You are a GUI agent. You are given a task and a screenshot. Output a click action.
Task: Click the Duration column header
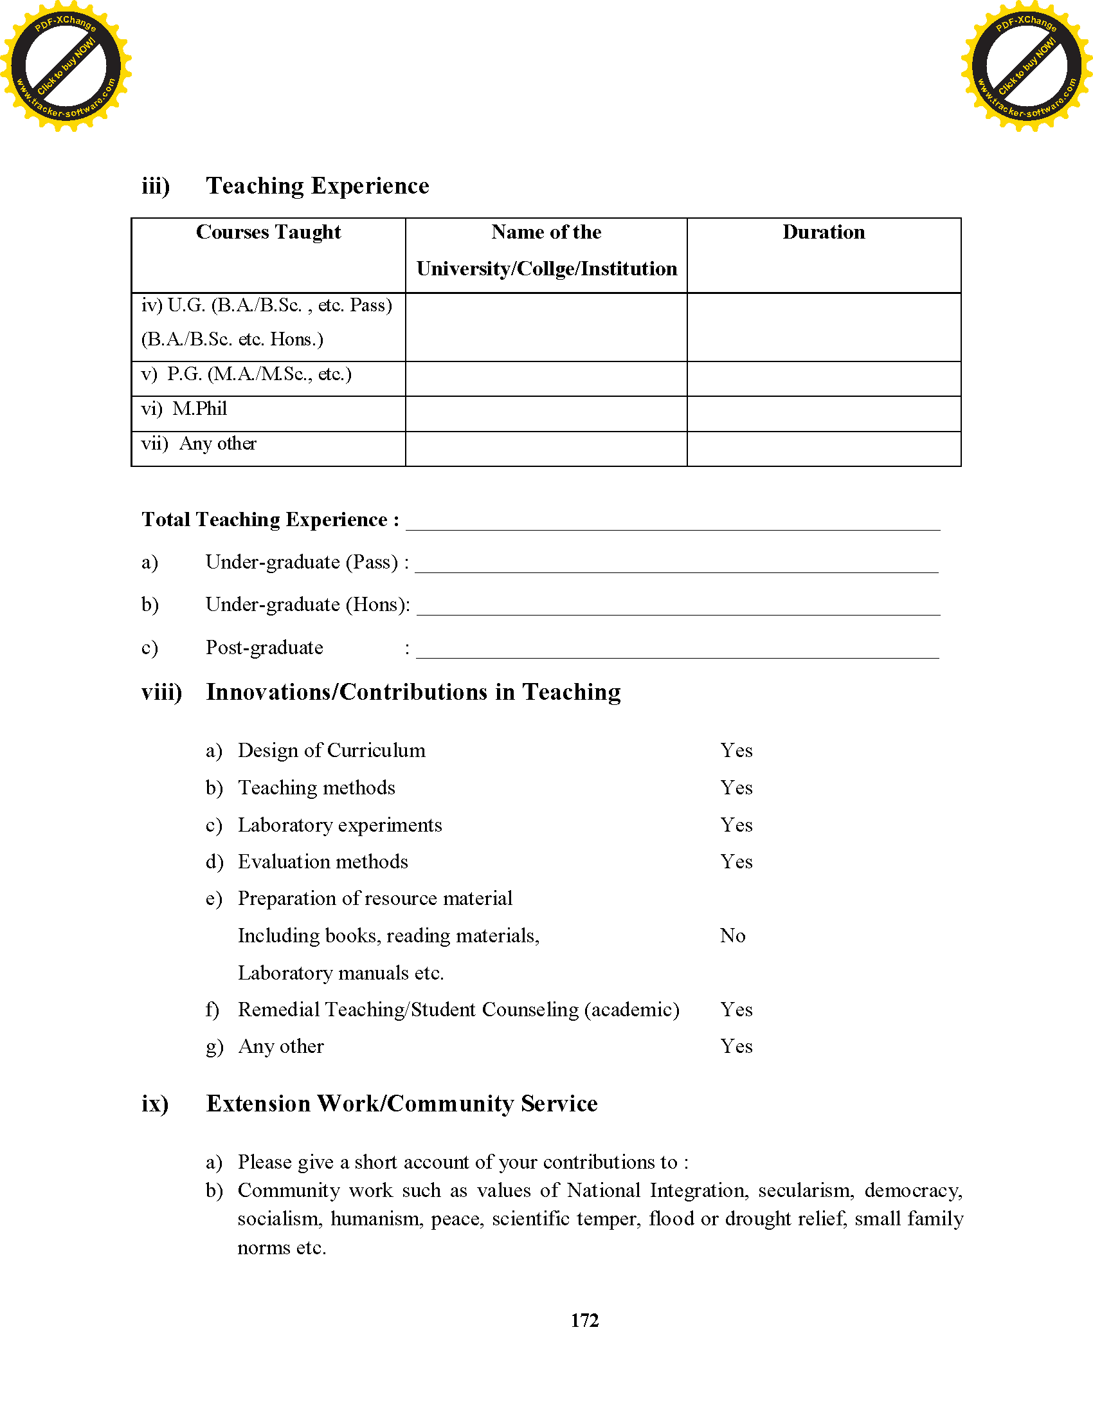(823, 232)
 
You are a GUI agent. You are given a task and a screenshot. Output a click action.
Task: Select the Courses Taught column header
(268, 232)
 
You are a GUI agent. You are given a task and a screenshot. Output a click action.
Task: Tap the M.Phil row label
(199, 409)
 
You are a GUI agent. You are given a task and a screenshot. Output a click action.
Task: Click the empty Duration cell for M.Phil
(823, 414)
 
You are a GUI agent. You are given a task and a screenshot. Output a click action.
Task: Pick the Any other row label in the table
(217, 444)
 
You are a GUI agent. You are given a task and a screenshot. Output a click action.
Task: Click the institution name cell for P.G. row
(546, 378)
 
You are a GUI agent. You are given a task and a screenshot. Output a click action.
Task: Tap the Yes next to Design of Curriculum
(736, 750)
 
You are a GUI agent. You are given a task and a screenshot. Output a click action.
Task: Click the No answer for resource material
(732, 936)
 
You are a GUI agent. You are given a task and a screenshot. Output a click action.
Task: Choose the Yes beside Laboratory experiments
(736, 825)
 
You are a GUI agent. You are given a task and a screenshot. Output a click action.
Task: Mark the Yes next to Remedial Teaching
(736, 1009)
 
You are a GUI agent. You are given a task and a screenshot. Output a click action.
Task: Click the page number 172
(584, 1320)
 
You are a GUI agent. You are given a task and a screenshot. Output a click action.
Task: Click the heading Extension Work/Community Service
(401, 1103)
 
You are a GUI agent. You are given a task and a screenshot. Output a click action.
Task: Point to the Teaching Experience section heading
(317, 186)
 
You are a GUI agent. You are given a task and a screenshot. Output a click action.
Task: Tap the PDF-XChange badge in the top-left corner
(66, 66)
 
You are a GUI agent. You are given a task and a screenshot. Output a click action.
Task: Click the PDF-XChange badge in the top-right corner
(1026, 66)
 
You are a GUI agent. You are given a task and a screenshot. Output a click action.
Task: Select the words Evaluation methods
(323, 862)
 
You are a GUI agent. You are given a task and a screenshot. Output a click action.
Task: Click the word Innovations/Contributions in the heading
(347, 692)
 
